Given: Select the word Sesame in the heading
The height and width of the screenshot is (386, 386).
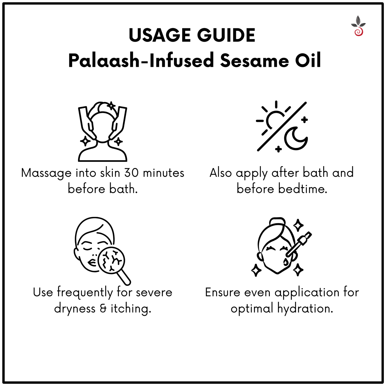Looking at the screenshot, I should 254,61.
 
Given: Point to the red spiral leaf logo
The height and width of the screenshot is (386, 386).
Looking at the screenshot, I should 358,26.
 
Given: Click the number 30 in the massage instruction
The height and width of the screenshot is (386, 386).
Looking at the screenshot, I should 132,173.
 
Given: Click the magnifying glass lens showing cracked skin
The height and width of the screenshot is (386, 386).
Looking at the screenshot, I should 111,261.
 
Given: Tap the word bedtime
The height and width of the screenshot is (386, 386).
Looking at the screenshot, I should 303,189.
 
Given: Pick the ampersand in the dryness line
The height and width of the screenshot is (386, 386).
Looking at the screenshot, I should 103,309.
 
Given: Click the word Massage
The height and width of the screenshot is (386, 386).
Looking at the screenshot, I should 46,173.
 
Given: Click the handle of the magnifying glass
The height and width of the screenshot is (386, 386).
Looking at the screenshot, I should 124,278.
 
